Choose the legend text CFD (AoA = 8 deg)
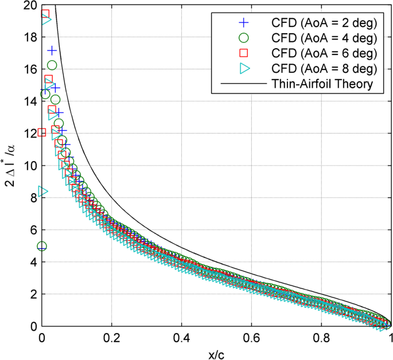[x=324, y=69]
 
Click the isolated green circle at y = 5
[x=42, y=246]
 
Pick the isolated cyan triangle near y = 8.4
[x=42, y=191]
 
